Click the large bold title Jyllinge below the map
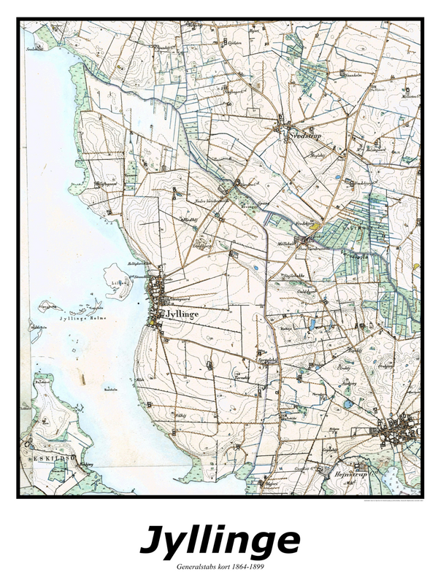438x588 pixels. (x=219, y=541)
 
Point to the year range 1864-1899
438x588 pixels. (x=256, y=566)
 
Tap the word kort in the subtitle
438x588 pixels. (x=230, y=566)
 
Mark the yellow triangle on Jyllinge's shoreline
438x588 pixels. (x=151, y=319)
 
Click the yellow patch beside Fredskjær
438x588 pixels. (x=315, y=226)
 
